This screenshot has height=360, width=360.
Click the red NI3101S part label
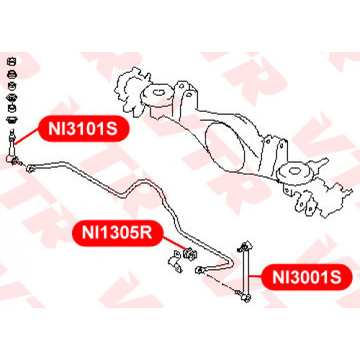(84, 128)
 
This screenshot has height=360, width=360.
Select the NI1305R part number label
(117, 233)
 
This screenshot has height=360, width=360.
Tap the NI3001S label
(307, 277)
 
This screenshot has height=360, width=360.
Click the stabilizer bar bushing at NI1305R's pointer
(190, 254)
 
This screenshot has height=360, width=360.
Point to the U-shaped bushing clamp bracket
(175, 261)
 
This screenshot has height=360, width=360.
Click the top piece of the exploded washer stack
(12, 62)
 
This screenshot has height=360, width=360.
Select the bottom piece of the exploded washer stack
(12, 120)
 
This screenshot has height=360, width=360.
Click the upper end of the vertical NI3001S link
(245, 246)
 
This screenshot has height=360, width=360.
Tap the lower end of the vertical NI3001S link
(246, 297)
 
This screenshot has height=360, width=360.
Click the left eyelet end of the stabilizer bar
(30, 168)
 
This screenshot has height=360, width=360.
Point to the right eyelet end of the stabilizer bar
(199, 270)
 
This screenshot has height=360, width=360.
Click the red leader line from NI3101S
(27, 137)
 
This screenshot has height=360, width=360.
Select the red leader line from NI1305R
(174, 244)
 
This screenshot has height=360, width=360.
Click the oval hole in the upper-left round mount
(158, 92)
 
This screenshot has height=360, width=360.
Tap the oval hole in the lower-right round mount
(293, 171)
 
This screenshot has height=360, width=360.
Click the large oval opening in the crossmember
(225, 147)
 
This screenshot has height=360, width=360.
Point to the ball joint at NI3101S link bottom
(12, 159)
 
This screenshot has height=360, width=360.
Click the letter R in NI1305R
(145, 233)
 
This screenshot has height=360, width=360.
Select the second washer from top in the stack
(12, 74)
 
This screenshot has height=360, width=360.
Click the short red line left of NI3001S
(256, 276)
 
